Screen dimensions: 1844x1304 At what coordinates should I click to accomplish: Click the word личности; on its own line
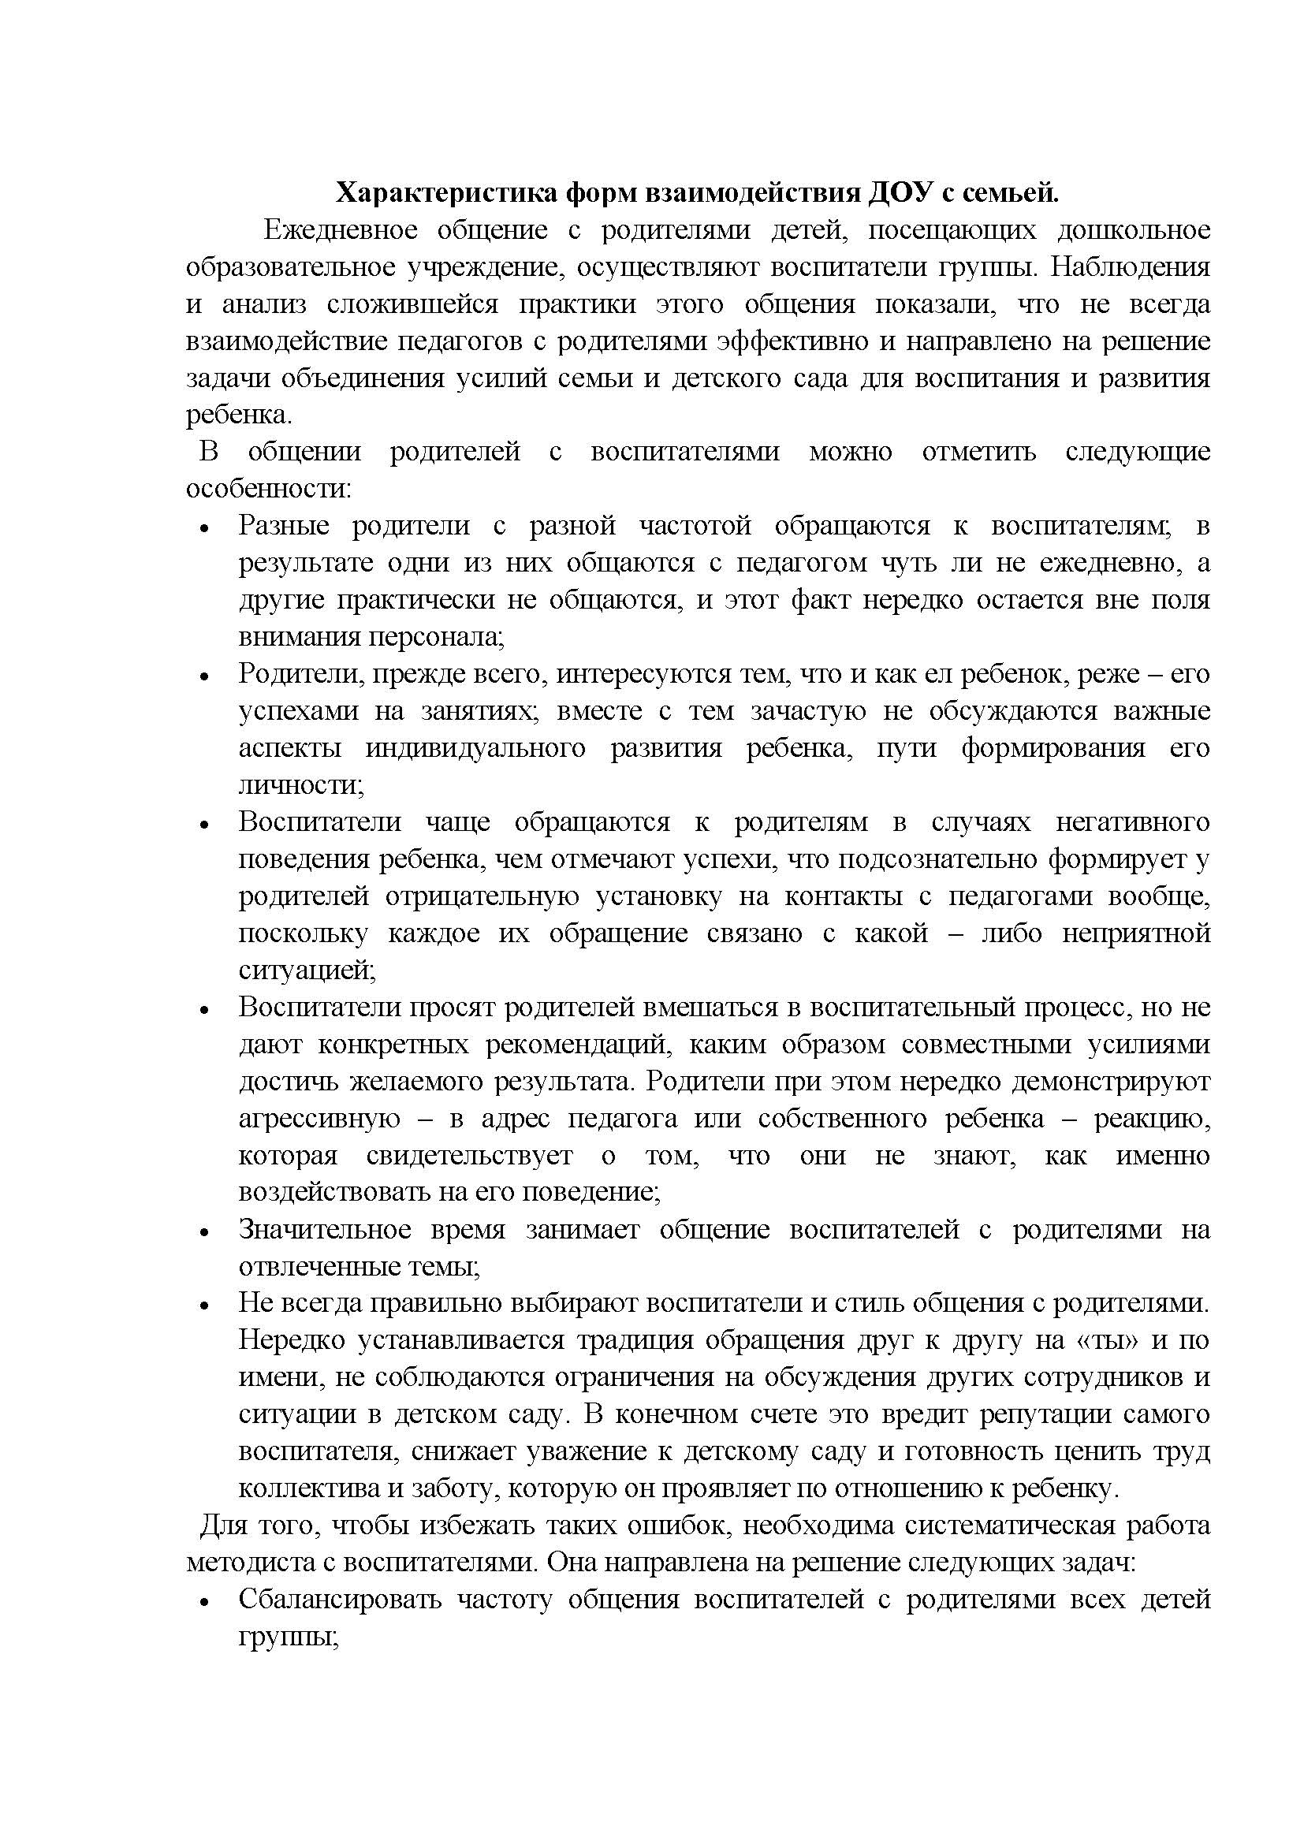click(x=301, y=784)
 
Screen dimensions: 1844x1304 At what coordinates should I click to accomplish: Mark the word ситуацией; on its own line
click(x=307, y=970)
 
